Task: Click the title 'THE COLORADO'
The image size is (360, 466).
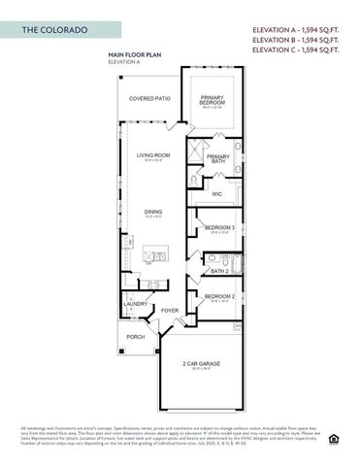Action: (54, 31)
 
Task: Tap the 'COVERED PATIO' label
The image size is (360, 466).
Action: (149, 99)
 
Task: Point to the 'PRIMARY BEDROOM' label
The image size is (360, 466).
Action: (212, 100)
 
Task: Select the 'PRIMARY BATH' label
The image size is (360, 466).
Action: (218, 159)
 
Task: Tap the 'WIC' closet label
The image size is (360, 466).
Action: (218, 194)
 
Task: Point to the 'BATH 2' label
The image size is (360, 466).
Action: (220, 272)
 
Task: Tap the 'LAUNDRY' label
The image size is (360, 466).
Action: (135, 304)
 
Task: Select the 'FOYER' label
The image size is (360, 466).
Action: (170, 311)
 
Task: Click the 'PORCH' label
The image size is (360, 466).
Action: (135, 338)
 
